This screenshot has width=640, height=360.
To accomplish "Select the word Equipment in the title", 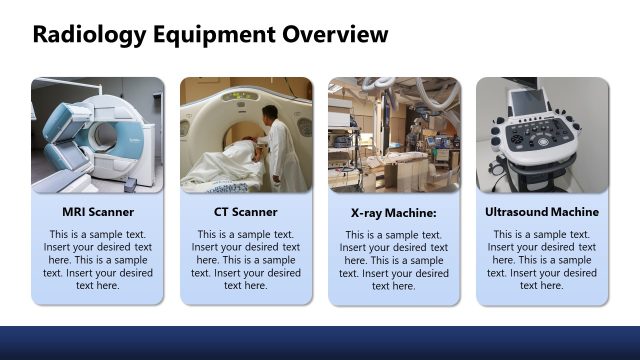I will pos(212,36).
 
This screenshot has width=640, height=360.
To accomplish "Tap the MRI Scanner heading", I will pos(98,212).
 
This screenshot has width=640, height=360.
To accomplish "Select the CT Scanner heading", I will pos(246,212).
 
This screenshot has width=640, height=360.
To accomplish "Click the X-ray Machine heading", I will pos(394,213).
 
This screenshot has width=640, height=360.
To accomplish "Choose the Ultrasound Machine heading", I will pos(542,212).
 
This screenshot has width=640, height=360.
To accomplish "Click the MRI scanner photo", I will pos(98,135).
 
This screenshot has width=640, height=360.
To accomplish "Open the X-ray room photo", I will pos(394,135).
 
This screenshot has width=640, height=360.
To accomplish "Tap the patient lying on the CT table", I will pos(235,160).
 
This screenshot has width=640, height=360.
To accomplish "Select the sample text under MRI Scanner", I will pos(98,259).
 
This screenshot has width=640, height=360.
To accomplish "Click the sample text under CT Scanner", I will pos(246,259).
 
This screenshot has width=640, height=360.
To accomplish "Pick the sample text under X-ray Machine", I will pos(394,260).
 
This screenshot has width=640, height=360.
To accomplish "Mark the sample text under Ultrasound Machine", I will pos(542,259).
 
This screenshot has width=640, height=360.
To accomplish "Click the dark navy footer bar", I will pos(320,343).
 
